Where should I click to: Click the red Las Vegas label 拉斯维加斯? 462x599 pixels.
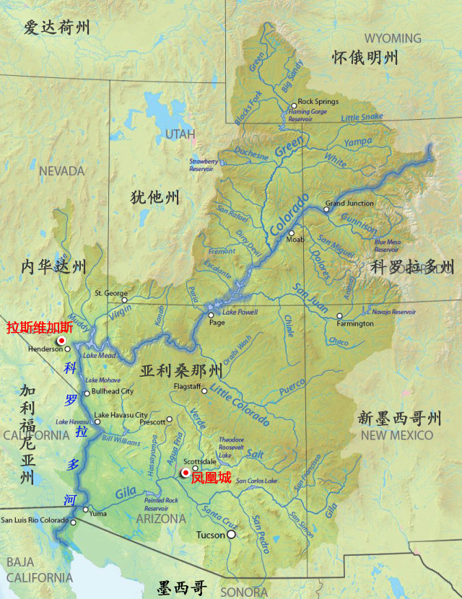click(x=40, y=328)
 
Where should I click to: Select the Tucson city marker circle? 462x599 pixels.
click(x=231, y=535)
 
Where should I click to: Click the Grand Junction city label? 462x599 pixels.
click(x=349, y=204)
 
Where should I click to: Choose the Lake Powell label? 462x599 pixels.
click(x=240, y=312)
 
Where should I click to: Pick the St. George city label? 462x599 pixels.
click(x=107, y=294)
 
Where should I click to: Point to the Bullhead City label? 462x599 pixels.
click(x=113, y=392)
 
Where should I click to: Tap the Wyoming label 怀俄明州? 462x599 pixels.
click(x=365, y=58)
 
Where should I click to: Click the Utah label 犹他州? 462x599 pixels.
click(x=154, y=197)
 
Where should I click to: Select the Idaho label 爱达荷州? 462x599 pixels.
click(x=56, y=28)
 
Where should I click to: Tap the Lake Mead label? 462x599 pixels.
click(x=99, y=356)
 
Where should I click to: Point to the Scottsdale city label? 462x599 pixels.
click(x=200, y=461)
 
